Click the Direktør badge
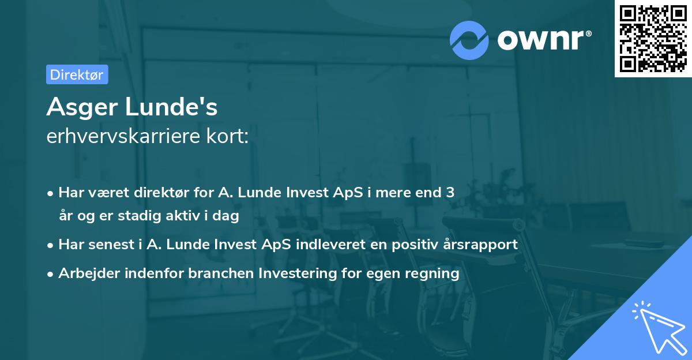[x=77, y=74]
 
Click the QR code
[x=653, y=39]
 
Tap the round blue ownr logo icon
[x=469, y=40]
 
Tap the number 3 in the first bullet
[x=450, y=192]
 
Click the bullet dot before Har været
[x=51, y=193]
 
